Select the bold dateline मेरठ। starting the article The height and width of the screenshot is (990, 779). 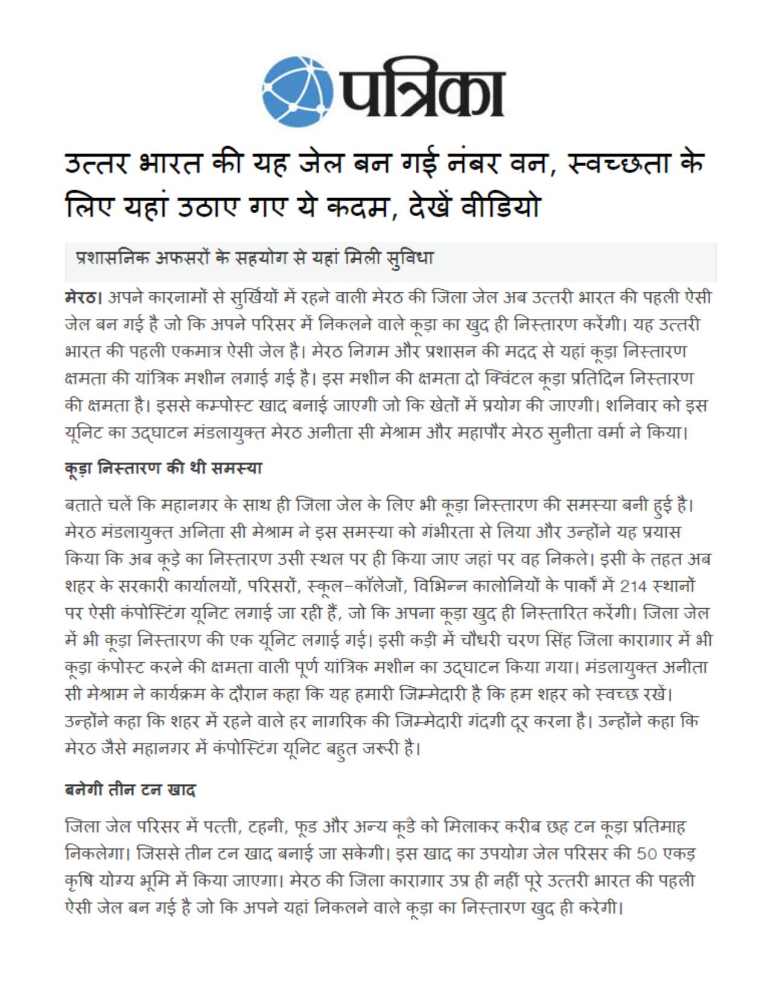[85, 298]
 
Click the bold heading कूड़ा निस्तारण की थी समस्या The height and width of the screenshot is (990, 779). [163, 468]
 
